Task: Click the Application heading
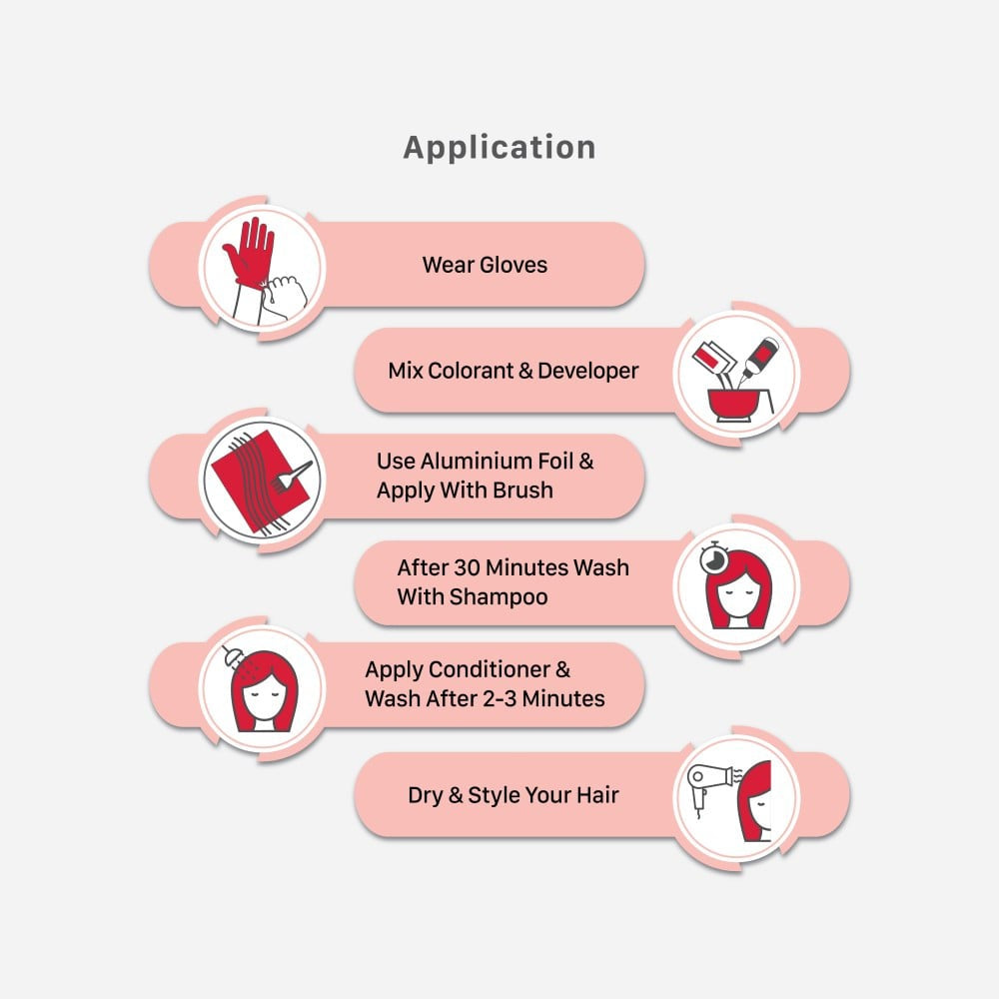tap(499, 148)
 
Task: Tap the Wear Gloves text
tap(485, 265)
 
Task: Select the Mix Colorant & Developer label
tap(512, 371)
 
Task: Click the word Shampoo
tap(499, 596)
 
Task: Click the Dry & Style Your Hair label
tap(512, 795)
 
